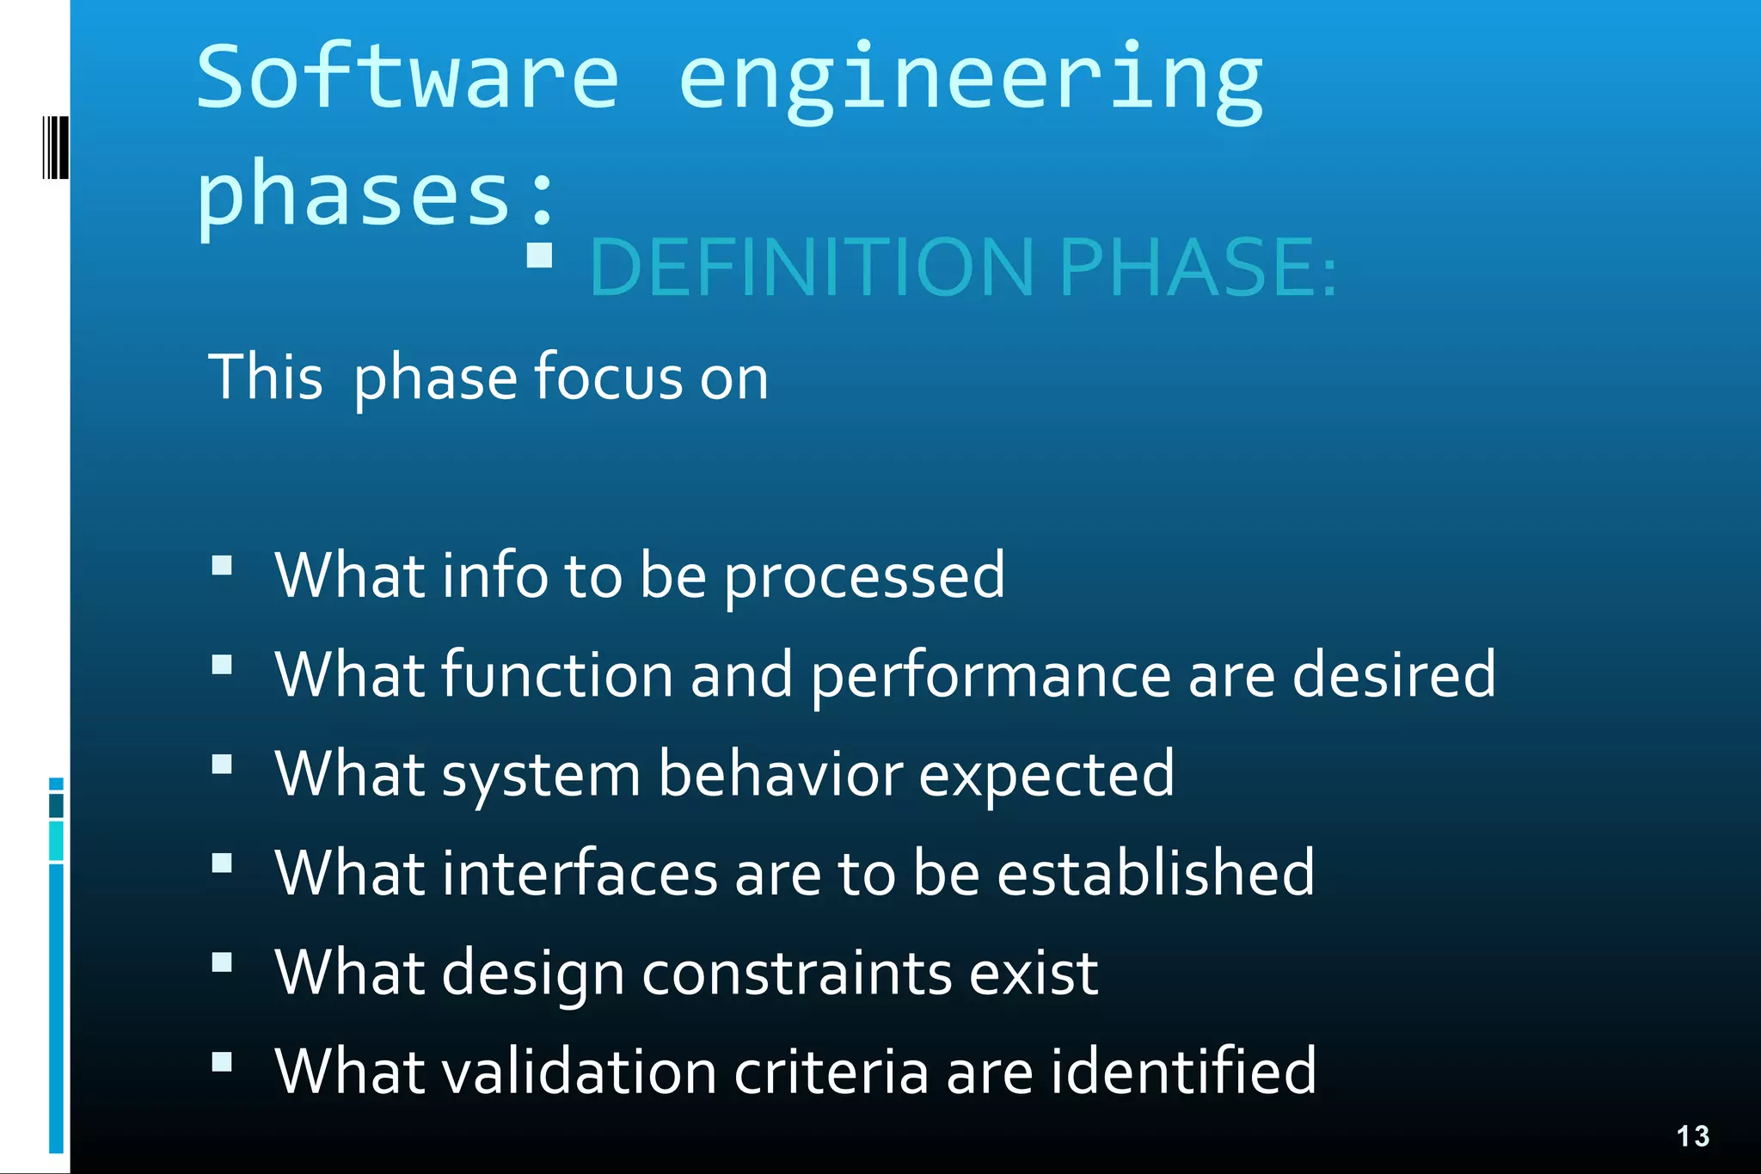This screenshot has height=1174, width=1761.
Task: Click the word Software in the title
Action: (408, 77)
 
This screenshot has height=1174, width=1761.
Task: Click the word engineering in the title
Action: (971, 82)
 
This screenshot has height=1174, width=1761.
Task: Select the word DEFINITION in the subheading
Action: (811, 267)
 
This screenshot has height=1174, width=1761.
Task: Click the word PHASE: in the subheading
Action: (1198, 267)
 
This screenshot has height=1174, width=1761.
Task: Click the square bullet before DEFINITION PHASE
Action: (539, 255)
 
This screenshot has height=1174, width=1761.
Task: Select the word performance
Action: (990, 676)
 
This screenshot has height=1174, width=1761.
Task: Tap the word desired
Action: (1393, 674)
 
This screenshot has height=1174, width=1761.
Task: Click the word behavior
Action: (780, 774)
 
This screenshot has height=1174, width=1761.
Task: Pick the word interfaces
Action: (580, 873)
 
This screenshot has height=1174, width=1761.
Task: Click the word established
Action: (1155, 873)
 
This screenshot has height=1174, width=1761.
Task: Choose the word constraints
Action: (796, 974)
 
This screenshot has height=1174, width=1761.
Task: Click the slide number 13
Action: (1692, 1136)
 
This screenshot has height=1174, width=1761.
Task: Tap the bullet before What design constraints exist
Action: (222, 962)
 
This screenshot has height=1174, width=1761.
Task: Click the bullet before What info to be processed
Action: (222, 565)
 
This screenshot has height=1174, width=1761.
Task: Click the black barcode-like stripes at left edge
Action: (56, 148)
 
